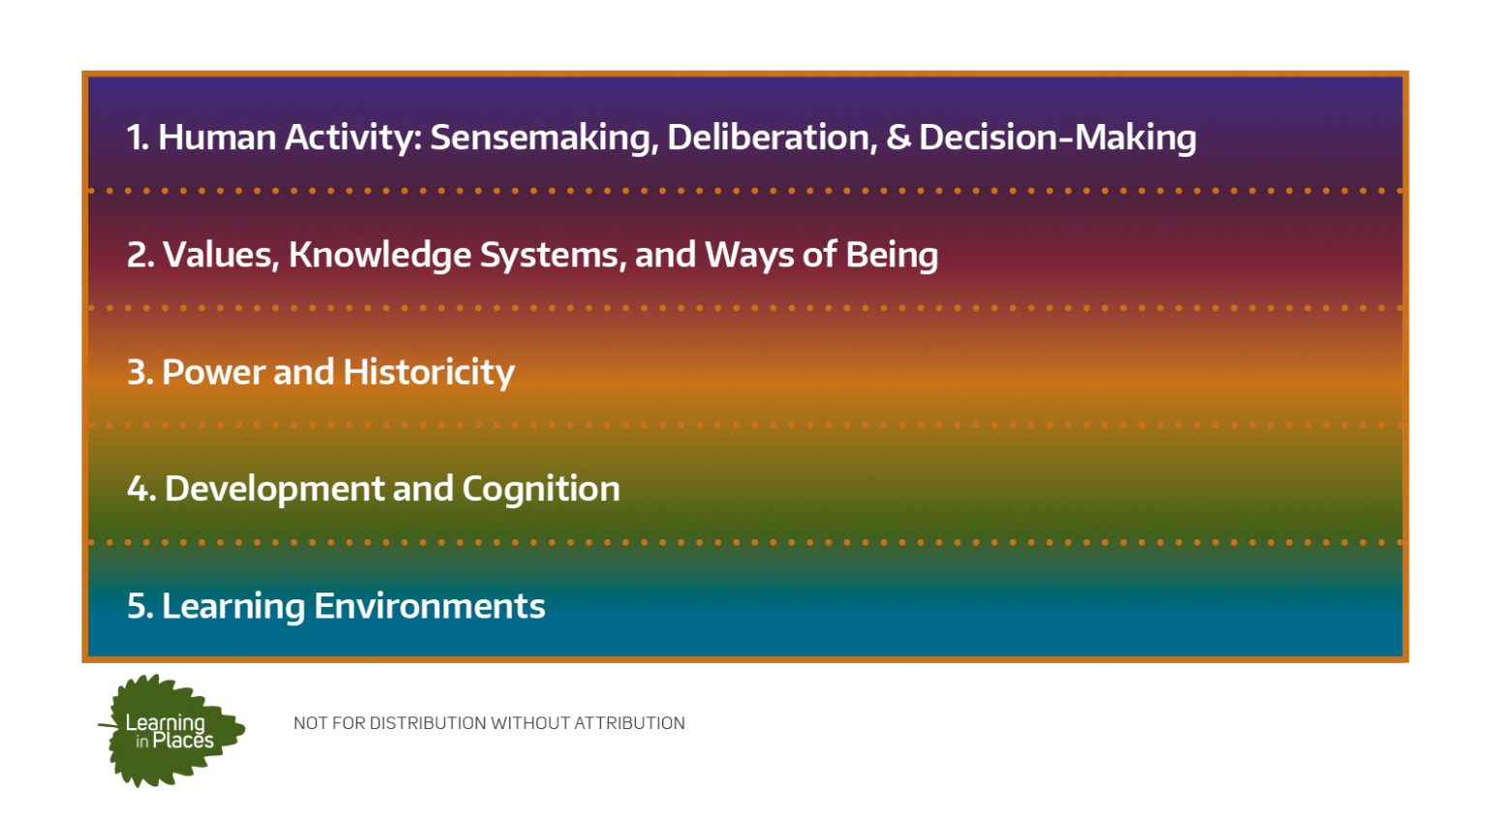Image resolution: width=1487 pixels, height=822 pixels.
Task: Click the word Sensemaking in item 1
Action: (x=544, y=138)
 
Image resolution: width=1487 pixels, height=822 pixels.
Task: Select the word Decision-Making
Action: (x=1057, y=138)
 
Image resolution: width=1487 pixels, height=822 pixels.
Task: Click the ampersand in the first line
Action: (x=898, y=137)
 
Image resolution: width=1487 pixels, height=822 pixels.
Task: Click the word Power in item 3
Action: (x=213, y=372)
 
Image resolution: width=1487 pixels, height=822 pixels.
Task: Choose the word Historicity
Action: (x=429, y=373)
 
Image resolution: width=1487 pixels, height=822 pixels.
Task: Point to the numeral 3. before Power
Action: (x=140, y=372)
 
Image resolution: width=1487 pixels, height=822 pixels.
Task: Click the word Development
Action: (x=274, y=490)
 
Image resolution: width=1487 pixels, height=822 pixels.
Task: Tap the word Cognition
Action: (x=541, y=490)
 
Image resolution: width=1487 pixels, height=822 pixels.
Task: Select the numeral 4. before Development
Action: (x=141, y=489)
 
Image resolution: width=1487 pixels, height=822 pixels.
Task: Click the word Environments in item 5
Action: (x=430, y=606)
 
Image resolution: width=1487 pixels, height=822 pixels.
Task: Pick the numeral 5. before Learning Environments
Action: (x=140, y=606)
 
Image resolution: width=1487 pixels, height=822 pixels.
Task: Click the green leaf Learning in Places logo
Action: (x=172, y=730)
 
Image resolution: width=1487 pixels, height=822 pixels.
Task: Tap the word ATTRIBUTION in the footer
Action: (x=629, y=722)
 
